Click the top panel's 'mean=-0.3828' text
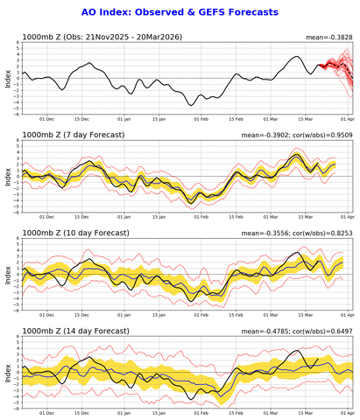coord(323,37)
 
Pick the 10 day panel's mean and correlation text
coord(298,233)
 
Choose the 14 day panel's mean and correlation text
coord(298,331)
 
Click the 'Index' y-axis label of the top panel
coord(8,78)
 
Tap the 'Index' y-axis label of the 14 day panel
coord(8,372)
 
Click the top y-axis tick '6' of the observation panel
coord(17,43)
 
